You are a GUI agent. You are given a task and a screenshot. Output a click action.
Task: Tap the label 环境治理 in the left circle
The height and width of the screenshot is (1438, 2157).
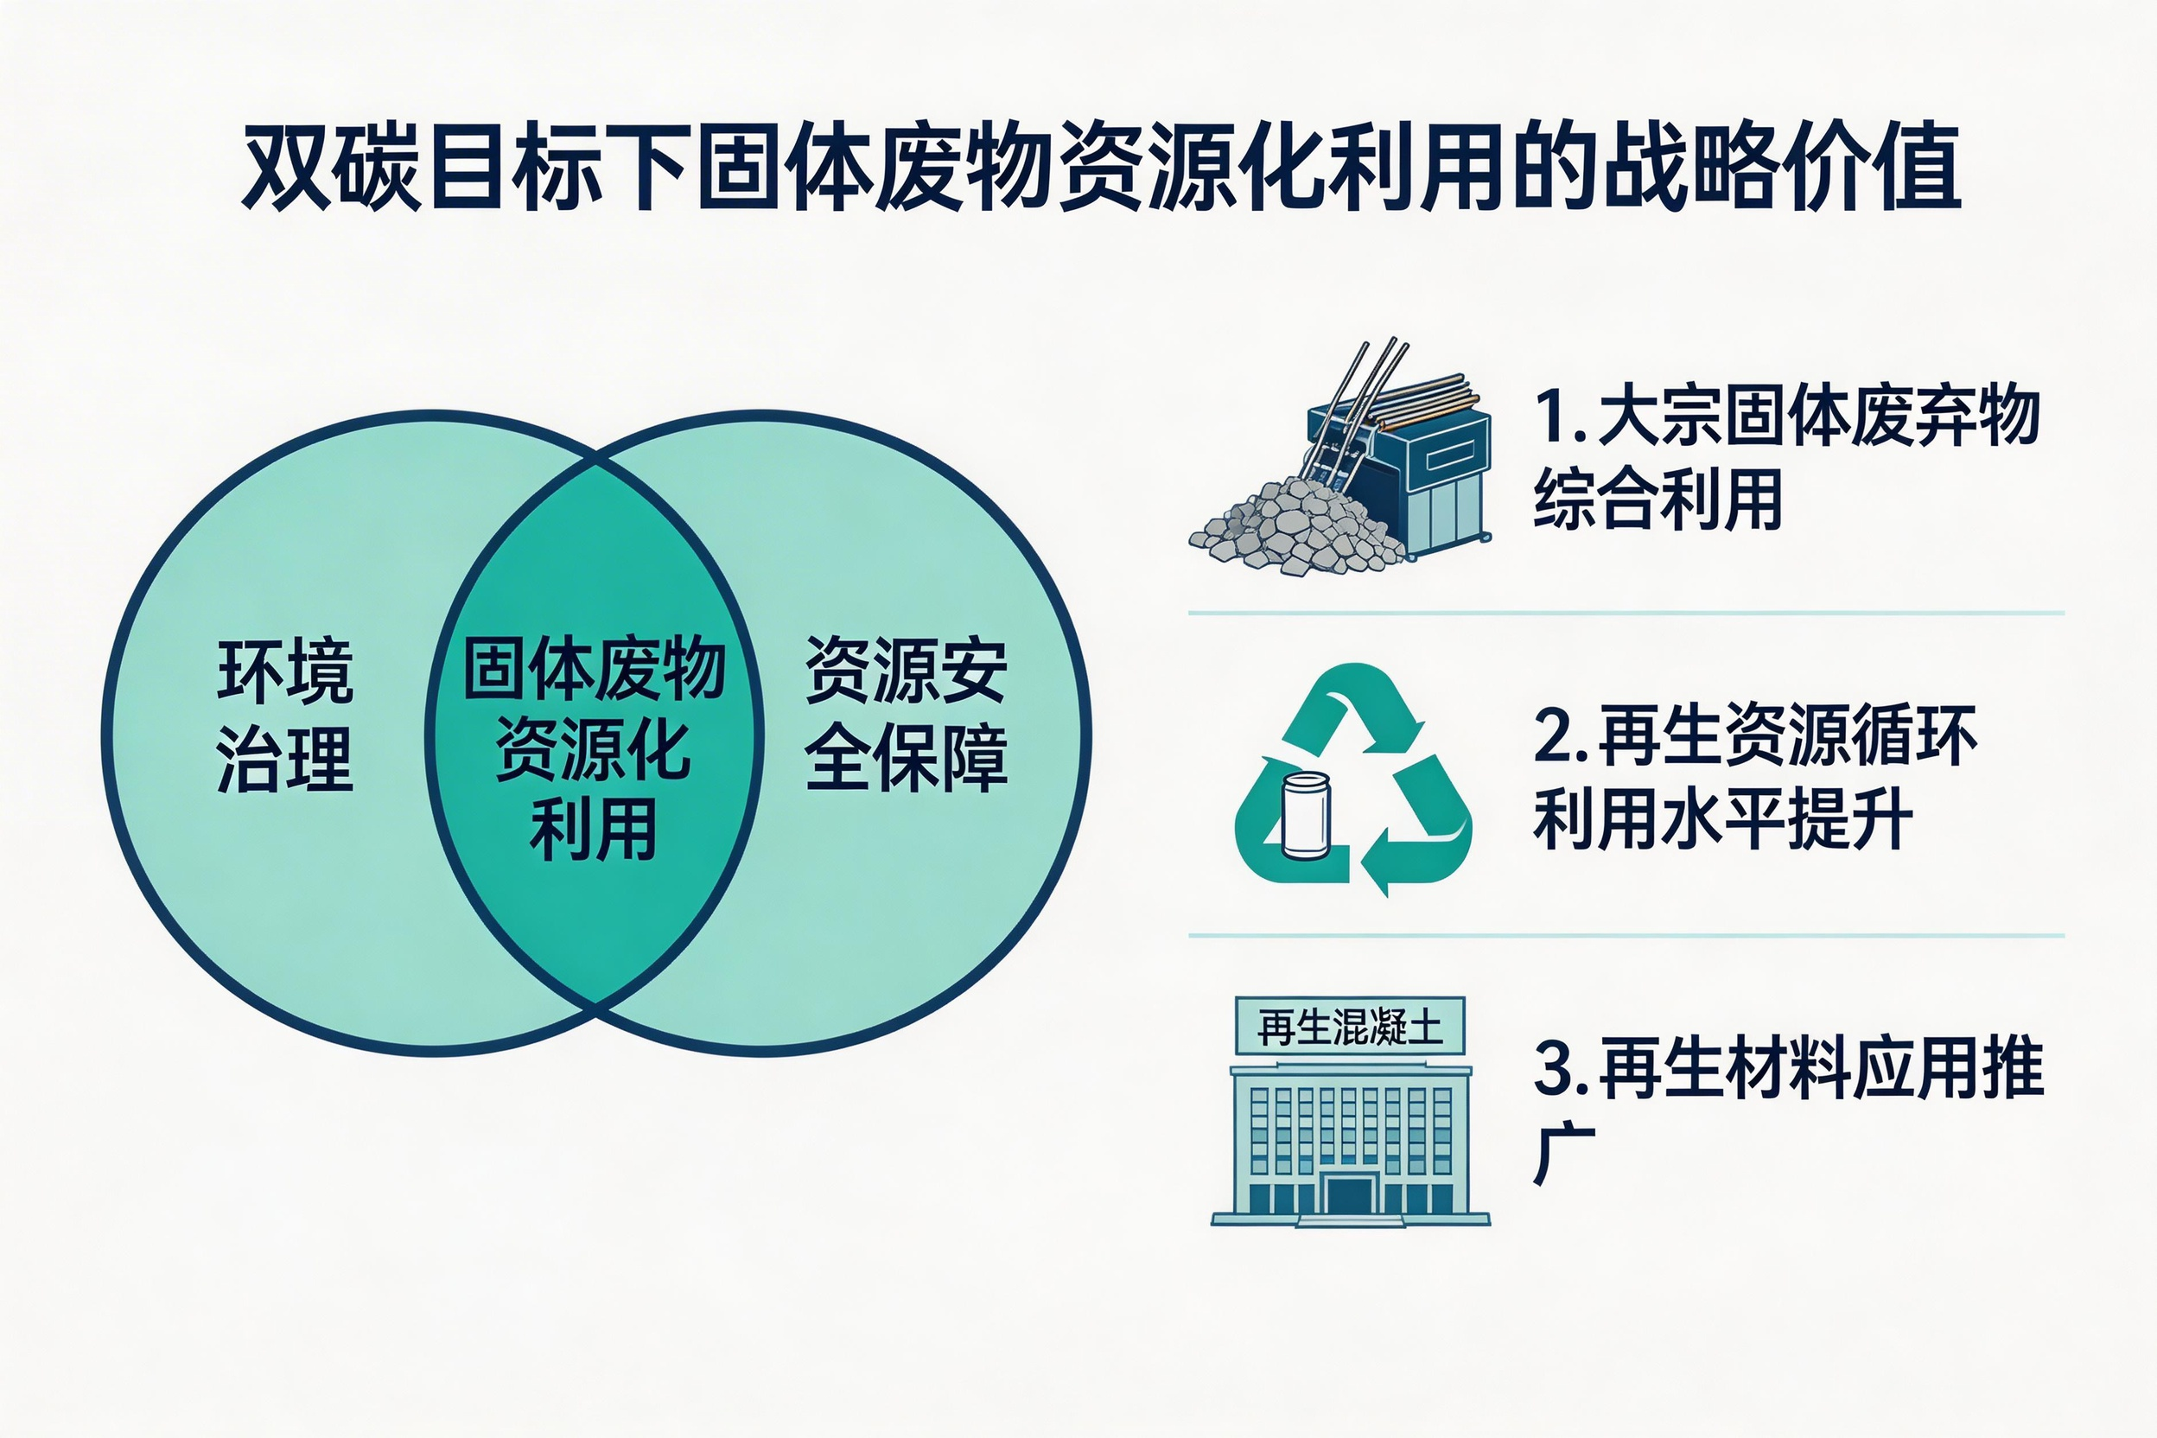click(285, 716)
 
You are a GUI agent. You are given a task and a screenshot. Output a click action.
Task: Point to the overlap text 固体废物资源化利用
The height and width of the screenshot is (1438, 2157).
click(595, 748)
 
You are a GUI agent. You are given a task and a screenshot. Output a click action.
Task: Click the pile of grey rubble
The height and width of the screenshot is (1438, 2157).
click(1298, 528)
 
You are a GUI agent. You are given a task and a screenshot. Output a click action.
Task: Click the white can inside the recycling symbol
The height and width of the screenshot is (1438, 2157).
click(1305, 816)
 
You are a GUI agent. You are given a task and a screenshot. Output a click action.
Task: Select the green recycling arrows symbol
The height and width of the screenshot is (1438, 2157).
click(1352, 779)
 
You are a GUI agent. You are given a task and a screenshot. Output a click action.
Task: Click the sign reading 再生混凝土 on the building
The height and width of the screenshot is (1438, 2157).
click(1350, 1028)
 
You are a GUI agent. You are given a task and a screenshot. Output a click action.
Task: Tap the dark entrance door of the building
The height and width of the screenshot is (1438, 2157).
click(1349, 1198)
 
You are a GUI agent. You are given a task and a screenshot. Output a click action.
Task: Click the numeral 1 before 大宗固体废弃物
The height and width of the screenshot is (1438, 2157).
click(1554, 417)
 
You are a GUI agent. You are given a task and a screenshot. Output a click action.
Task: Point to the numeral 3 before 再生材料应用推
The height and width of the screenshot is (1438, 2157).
click(1554, 1069)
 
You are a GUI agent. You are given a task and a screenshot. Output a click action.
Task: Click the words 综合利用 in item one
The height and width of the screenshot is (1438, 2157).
click(1658, 499)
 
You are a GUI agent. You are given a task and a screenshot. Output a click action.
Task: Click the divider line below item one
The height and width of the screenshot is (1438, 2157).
click(1626, 613)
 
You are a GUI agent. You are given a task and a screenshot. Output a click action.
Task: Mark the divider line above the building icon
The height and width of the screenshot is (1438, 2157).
click(1626, 935)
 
